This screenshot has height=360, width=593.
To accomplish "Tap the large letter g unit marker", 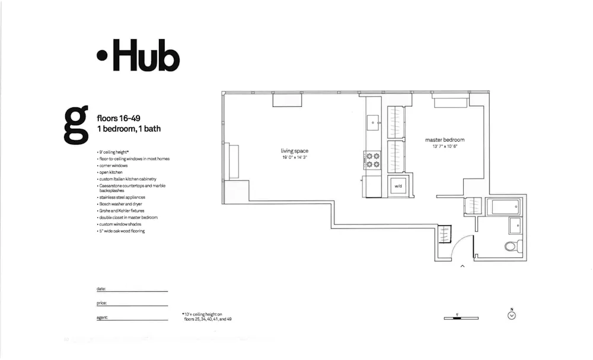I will click(76, 125).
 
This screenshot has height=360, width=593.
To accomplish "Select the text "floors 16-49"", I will click(119, 118).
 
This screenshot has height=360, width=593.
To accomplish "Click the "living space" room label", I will click(294, 151).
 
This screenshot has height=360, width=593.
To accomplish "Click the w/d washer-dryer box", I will click(398, 186).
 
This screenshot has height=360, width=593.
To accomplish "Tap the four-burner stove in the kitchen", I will click(373, 160).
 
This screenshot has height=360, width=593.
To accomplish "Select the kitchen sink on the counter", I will click(373, 123).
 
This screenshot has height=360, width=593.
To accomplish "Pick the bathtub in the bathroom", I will click(503, 207).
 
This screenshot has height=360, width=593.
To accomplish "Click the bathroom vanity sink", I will click(515, 226).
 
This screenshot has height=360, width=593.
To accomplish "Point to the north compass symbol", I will click(512, 315).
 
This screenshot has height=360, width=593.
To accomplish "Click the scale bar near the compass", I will click(461, 318).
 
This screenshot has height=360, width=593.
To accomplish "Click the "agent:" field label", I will click(102, 318).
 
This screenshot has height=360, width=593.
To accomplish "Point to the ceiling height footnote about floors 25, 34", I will click(208, 317).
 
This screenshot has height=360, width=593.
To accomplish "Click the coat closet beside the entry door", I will click(444, 234).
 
